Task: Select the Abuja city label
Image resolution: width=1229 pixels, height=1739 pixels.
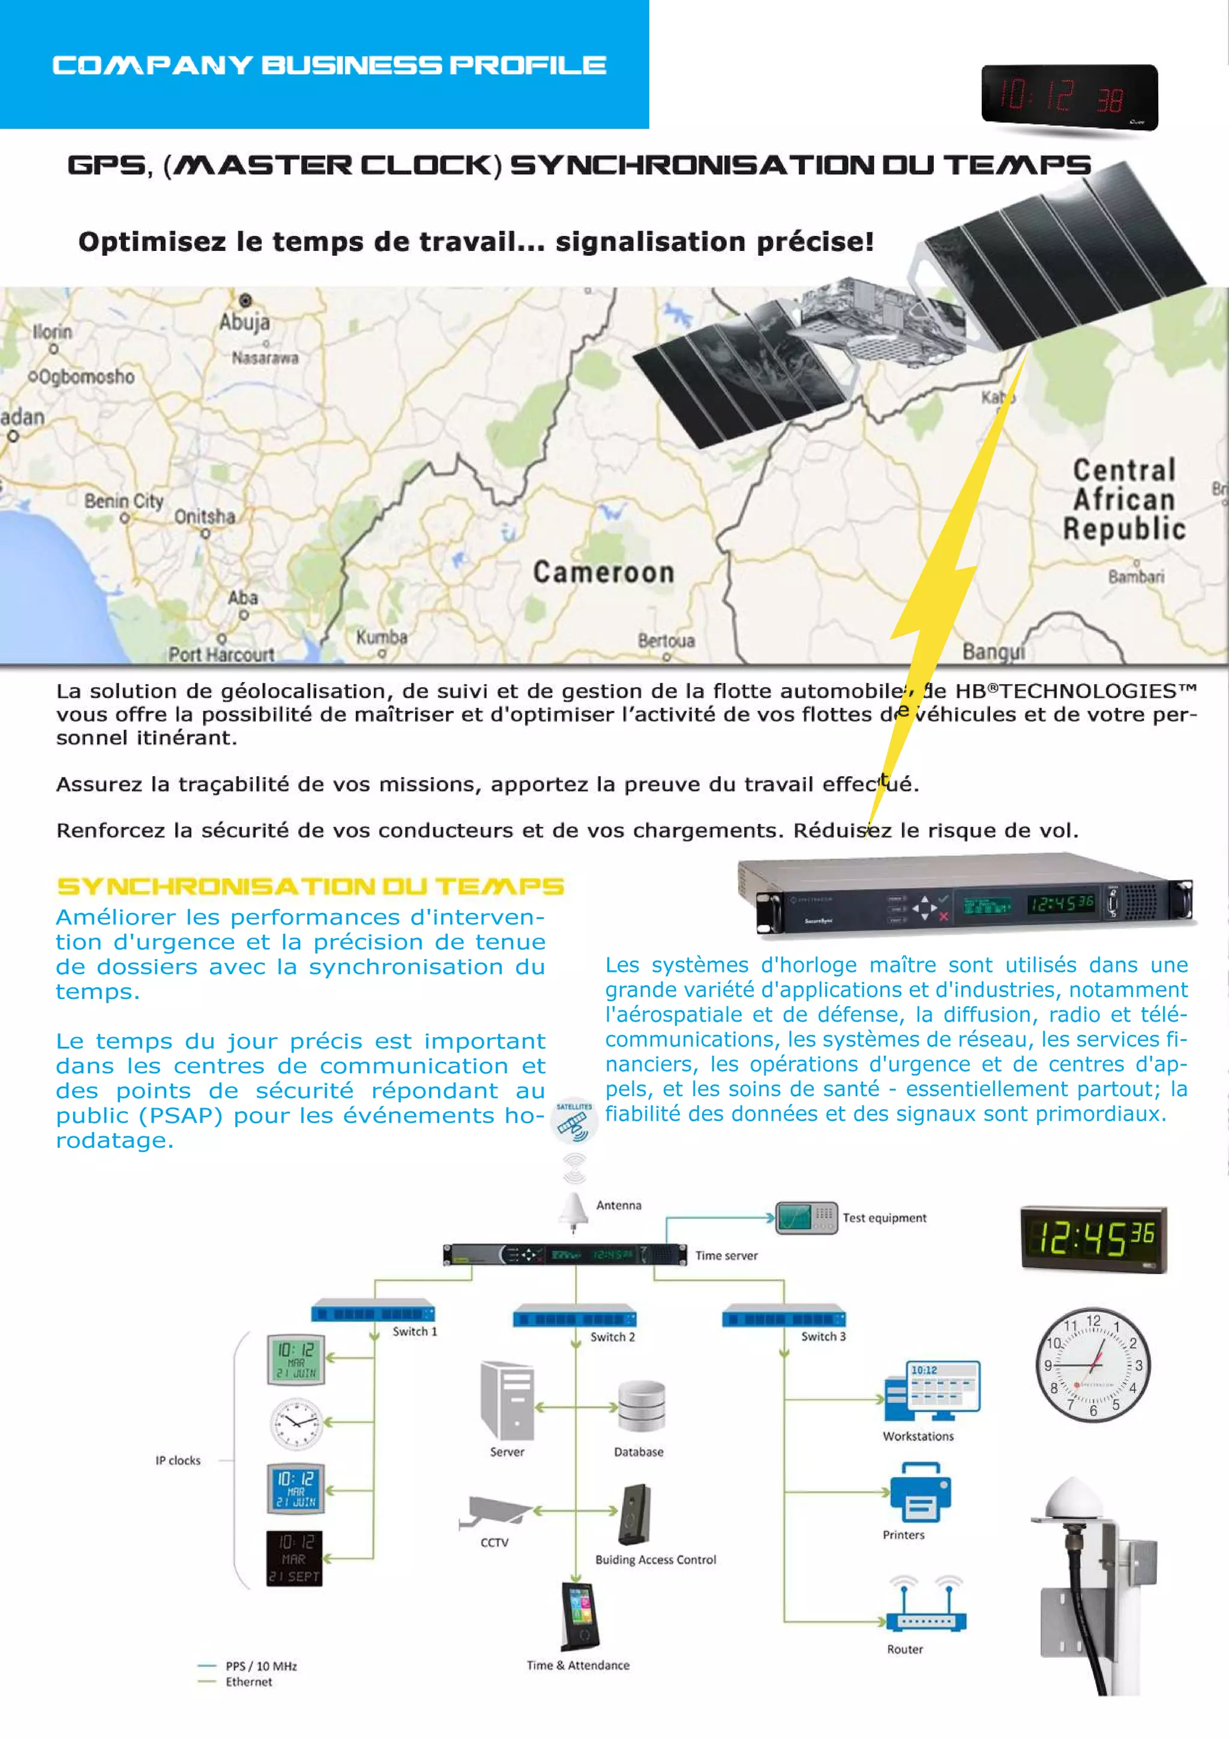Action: [x=244, y=322]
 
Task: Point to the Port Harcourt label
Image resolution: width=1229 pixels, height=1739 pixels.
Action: [x=220, y=654]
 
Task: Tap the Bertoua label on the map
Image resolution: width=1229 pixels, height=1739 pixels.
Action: [x=666, y=640]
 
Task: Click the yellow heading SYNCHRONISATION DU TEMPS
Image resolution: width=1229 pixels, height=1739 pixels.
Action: [x=310, y=886]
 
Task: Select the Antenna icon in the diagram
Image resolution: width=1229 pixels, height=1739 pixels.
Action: [x=573, y=1210]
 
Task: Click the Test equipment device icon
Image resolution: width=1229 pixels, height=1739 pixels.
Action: [x=807, y=1218]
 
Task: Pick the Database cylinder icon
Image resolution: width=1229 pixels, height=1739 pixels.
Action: [x=641, y=1406]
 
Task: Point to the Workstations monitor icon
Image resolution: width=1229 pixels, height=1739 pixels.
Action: [x=933, y=1391]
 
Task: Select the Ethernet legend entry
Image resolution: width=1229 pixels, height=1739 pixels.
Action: [x=248, y=1681]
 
